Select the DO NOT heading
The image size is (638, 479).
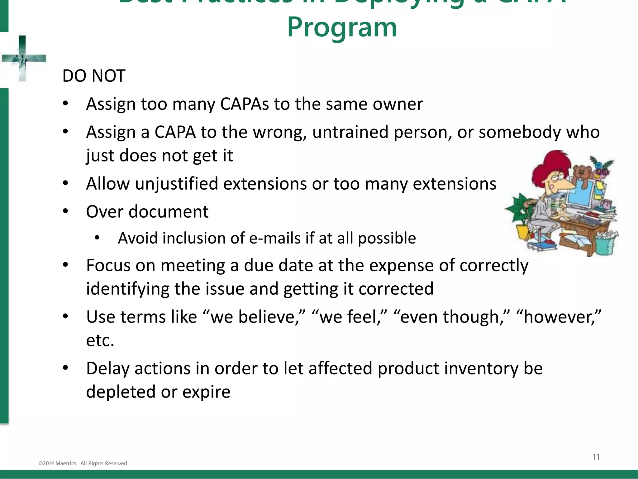[94, 76]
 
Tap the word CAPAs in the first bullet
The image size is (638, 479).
[244, 104]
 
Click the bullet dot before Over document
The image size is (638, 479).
[65, 211]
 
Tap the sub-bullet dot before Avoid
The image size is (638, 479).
[97, 238]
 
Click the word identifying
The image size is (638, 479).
[127, 289]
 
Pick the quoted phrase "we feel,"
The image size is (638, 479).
[349, 317]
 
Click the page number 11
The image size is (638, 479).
[596, 457]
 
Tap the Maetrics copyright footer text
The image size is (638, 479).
[83, 463]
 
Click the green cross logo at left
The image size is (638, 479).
[23, 58]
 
